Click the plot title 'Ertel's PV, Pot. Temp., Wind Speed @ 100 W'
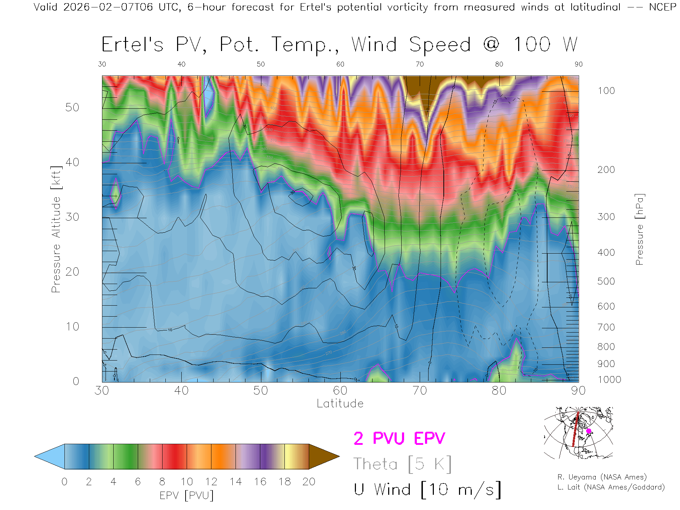click(339, 45)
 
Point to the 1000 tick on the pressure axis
click(609, 380)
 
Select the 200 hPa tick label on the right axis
click(606, 170)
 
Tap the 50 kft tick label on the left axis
click(72, 107)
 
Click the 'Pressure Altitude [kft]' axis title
click(56, 229)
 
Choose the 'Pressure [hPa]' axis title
click(639, 229)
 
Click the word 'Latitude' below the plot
click(340, 403)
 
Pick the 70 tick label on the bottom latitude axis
click(420, 391)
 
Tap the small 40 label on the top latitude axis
click(181, 64)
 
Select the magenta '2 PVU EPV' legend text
click(399, 438)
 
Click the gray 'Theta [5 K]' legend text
click(402, 464)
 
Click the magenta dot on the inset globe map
click(589, 431)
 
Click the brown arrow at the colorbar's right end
click(323, 457)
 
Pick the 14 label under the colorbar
click(236, 482)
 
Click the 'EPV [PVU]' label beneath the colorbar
click(187, 495)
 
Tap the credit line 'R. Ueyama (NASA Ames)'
click(602, 477)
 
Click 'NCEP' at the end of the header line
click(663, 7)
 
